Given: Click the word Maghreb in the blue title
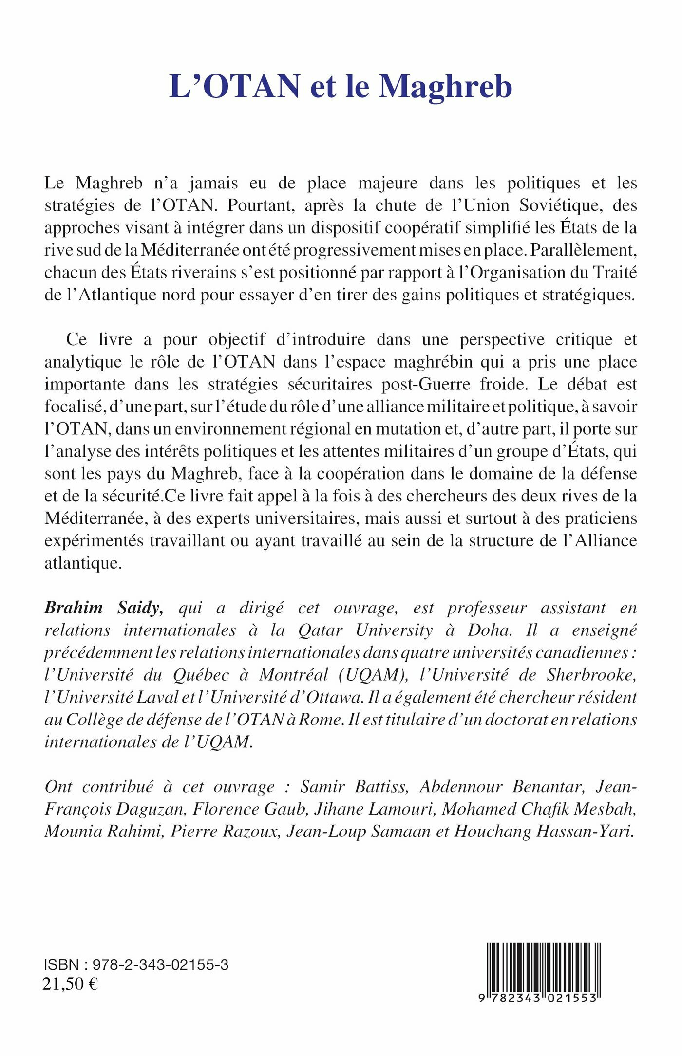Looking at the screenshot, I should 445,88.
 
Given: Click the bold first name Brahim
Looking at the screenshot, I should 74,608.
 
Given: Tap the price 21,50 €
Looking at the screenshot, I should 71,984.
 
